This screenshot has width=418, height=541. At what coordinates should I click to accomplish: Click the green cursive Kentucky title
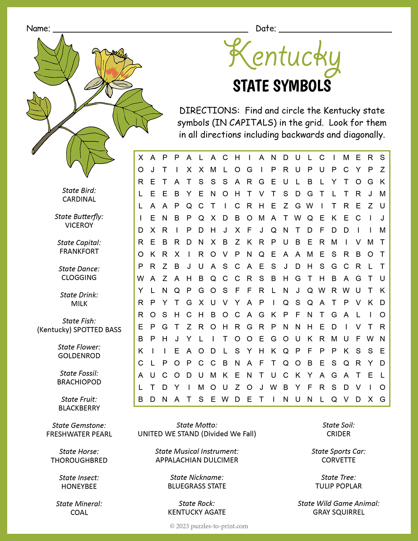[284, 57]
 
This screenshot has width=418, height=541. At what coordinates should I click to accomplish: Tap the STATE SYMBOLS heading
[282, 86]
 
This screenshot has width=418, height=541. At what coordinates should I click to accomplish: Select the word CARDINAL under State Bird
[79, 199]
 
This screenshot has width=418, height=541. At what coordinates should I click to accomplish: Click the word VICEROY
[79, 225]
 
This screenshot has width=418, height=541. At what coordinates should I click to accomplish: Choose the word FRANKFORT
[79, 252]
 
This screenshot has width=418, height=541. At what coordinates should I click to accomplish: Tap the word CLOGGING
[79, 278]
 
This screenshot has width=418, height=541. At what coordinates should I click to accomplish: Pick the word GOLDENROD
[79, 356]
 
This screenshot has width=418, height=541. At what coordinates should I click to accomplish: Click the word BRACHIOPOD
[79, 382]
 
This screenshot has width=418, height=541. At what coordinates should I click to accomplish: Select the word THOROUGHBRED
[79, 460]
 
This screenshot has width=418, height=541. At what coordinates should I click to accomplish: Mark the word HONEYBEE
[79, 486]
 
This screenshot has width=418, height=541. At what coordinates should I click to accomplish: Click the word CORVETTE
[339, 460]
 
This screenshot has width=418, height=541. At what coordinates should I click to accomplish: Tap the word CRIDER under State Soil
[339, 434]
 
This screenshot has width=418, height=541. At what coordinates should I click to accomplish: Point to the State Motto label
[197, 425]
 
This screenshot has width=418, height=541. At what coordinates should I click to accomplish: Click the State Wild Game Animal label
[339, 503]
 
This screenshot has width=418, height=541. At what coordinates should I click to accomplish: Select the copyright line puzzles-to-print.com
[209, 526]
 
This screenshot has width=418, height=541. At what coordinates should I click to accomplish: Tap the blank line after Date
[335, 31]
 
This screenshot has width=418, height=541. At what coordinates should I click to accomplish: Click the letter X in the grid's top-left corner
[141, 158]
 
